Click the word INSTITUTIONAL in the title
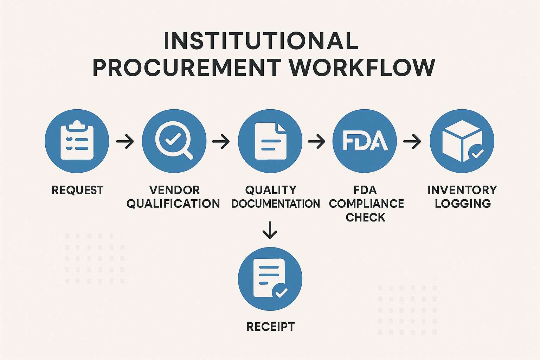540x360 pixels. pos(261,41)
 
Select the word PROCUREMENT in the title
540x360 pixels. pos(187,67)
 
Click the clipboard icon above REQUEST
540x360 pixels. pos(77,141)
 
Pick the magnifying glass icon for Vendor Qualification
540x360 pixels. pos(174,141)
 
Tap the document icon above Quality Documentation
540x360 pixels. pos(270,141)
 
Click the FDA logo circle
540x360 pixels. pos(365,141)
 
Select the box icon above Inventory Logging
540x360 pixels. pos(462,141)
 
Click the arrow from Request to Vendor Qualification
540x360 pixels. pos(125,142)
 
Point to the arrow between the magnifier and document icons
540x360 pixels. pos(221,142)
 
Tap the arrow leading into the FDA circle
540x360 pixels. pos(316,142)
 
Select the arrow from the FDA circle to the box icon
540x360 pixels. pos(412,142)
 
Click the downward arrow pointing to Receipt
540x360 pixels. pos(270,230)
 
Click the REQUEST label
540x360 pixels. pos(77,190)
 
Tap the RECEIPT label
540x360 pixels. pos(270,327)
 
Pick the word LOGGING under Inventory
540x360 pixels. pos(463,204)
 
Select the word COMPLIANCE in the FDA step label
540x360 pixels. pos(366,204)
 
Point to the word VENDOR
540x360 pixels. pos(174,190)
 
